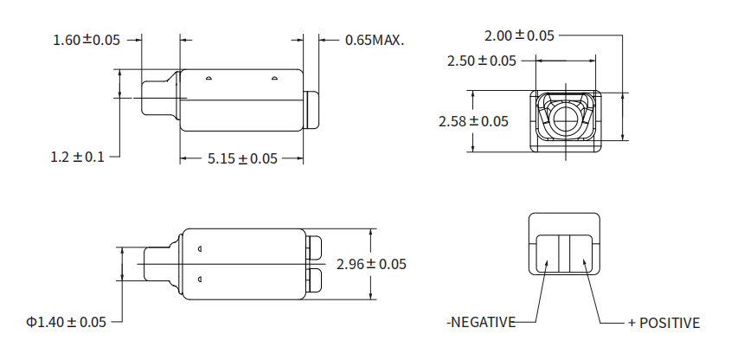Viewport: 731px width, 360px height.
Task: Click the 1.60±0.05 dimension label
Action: pos(87,40)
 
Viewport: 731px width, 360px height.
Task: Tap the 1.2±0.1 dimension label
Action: pos(77,157)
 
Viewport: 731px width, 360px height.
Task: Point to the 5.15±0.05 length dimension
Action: pos(241,159)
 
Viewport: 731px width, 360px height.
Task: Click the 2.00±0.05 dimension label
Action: pos(519,35)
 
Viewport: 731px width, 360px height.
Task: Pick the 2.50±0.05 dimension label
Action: pos(482,61)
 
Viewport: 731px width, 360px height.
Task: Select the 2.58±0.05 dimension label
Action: pos(473,121)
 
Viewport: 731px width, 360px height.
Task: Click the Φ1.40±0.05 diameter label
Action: pos(66,322)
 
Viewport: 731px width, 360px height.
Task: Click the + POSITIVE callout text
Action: pos(664,323)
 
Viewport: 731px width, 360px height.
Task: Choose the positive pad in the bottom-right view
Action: pos(584,255)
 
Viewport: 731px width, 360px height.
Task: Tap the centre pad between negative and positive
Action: pos(565,255)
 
